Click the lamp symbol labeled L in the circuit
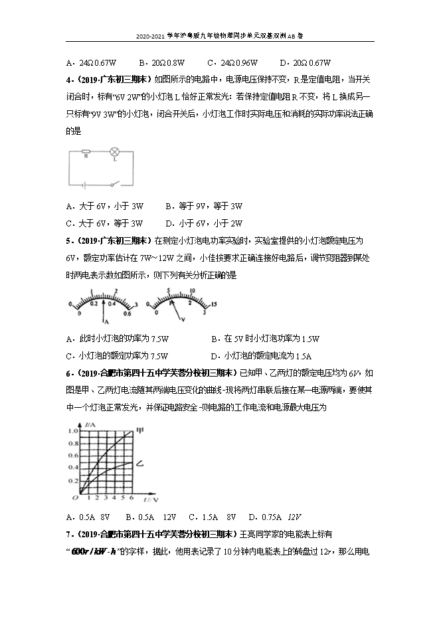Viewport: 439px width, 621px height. tap(114, 153)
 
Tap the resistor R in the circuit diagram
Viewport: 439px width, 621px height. tap(85, 153)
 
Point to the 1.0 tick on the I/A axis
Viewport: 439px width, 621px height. tap(72, 431)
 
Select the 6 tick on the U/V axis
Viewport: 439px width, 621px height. tap(132, 497)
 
